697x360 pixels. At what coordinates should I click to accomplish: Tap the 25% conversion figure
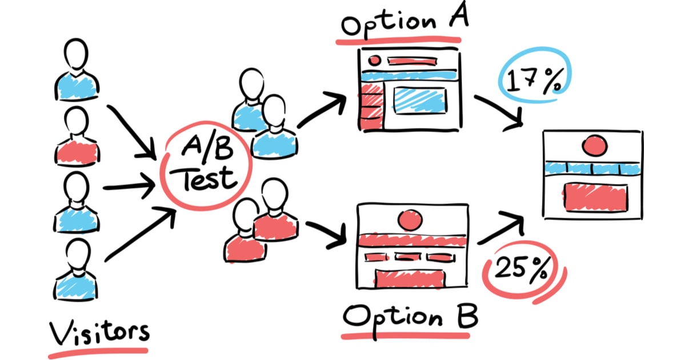point(522,269)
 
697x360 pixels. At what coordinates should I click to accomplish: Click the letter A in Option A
point(458,14)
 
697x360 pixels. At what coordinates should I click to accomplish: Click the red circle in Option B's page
point(410,219)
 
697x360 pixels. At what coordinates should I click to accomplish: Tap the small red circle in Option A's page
point(374,60)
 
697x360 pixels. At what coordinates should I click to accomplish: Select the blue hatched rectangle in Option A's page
point(420,101)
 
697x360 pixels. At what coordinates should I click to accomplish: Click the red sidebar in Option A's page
point(371,106)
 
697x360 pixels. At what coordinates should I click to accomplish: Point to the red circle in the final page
point(594,146)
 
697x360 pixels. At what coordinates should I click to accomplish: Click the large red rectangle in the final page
point(595,198)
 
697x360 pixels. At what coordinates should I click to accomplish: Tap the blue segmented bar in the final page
point(593,169)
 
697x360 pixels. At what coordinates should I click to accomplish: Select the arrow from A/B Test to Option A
point(322,109)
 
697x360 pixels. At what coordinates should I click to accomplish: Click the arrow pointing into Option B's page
point(326,235)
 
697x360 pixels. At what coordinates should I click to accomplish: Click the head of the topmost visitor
point(75,54)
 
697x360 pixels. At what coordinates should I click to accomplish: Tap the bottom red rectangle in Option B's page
point(410,278)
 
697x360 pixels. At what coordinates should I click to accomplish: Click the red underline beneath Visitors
point(98,353)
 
